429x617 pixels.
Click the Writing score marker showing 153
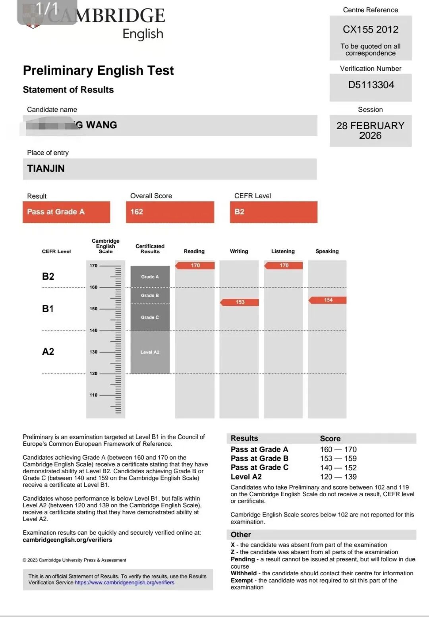(x=240, y=302)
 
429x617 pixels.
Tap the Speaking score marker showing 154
(x=328, y=300)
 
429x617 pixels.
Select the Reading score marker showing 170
(x=195, y=265)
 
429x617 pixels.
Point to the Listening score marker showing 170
(x=284, y=265)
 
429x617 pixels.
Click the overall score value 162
(x=137, y=212)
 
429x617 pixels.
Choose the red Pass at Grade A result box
(x=66, y=212)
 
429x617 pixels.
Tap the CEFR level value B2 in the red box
(x=240, y=212)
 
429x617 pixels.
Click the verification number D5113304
(x=371, y=85)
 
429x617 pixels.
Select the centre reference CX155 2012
(x=370, y=29)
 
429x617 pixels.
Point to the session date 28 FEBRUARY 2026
(x=370, y=130)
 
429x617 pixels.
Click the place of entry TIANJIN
(x=46, y=168)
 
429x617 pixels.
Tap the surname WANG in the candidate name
(x=101, y=125)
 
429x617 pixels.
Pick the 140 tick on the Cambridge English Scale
(x=94, y=331)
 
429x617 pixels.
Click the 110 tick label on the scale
(x=94, y=395)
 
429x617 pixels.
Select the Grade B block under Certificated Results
(x=150, y=296)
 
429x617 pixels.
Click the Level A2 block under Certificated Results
(x=150, y=352)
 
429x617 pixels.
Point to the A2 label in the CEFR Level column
(x=48, y=352)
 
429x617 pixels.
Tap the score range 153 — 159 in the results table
(x=338, y=458)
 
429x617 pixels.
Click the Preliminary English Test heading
(x=98, y=70)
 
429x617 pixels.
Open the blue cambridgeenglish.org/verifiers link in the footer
(x=125, y=582)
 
